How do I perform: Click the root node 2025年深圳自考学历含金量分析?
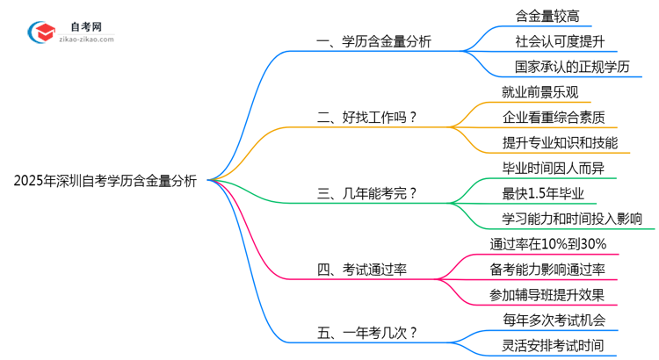(x=105, y=181)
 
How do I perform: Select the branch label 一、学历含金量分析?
(x=375, y=41)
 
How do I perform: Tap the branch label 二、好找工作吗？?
(x=366, y=117)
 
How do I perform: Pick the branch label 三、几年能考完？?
(x=366, y=193)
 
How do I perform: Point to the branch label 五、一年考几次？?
(x=366, y=332)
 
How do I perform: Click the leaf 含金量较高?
(x=547, y=16)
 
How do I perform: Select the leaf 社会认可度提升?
(x=560, y=41)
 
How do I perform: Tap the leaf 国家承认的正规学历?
(x=572, y=67)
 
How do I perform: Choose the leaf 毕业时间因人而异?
(x=553, y=168)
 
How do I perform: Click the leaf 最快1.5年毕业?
(x=544, y=193)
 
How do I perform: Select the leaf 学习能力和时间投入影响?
(x=572, y=218)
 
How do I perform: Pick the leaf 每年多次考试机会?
(x=553, y=320)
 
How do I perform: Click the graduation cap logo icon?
(x=40, y=32)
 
